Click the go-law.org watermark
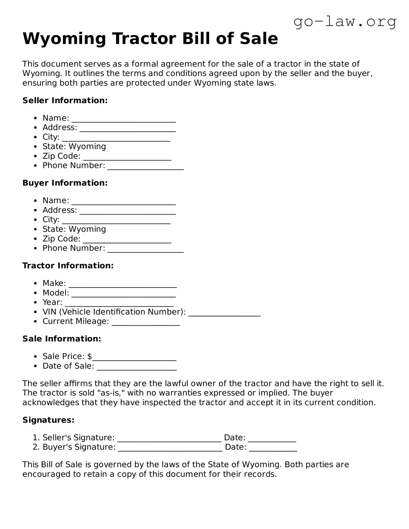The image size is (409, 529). coord(345,22)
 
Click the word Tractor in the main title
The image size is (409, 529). coord(143,39)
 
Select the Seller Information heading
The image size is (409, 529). coord(65,100)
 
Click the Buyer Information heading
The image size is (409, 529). coord(65,183)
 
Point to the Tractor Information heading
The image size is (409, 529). coord(68,266)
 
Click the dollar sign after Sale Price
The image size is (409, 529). coord(89,356)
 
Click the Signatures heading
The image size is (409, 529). coord(48,420)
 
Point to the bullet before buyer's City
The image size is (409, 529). coord(36,220)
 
